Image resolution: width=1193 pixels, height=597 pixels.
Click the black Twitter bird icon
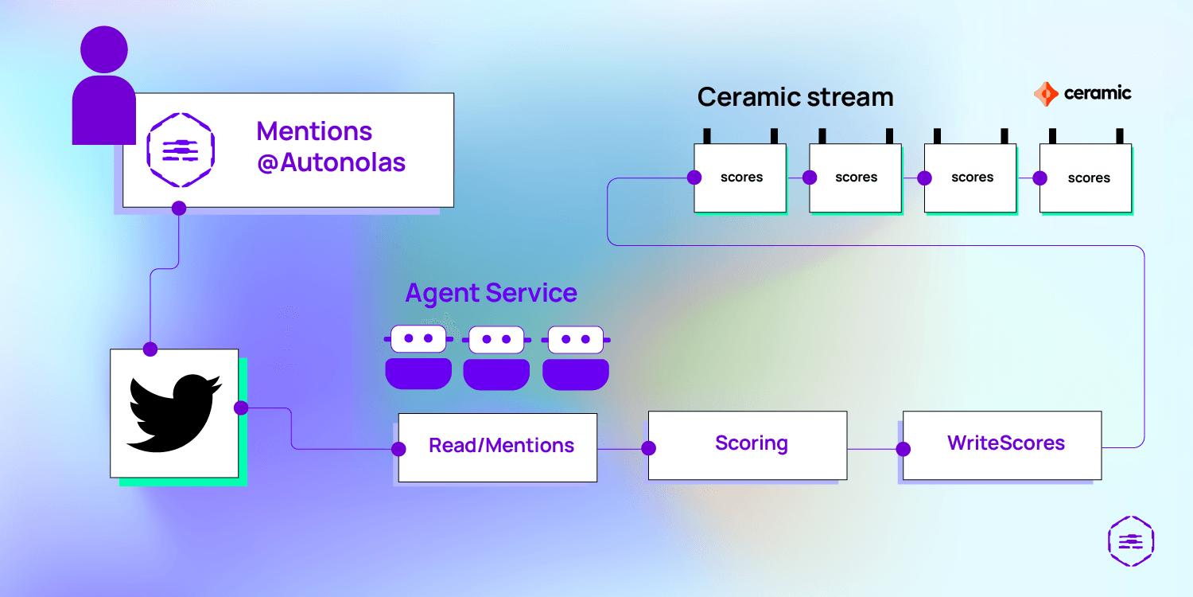pyautogui.click(x=173, y=413)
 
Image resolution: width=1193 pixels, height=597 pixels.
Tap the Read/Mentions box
pyautogui.click(x=497, y=447)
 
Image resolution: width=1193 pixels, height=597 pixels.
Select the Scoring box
pyautogui.click(x=748, y=445)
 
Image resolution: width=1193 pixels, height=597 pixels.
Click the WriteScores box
pyautogui.click(x=1002, y=445)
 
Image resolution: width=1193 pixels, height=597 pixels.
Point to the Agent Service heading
pyautogui.click(x=491, y=293)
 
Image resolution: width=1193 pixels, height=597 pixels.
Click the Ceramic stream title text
pyautogui.click(x=795, y=97)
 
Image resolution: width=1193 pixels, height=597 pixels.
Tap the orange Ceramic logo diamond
pyautogui.click(x=1046, y=95)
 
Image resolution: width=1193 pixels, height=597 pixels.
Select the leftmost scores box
pyautogui.click(x=740, y=178)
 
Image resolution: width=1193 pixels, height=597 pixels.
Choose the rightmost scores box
pyautogui.click(x=1086, y=178)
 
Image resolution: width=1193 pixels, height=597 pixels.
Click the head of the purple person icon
pyautogui.click(x=104, y=49)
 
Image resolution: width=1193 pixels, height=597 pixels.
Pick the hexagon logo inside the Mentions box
pyautogui.click(x=181, y=150)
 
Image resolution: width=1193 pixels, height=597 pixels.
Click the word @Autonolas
pyautogui.click(x=332, y=162)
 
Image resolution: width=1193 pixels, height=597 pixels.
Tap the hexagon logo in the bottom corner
pyautogui.click(x=1131, y=541)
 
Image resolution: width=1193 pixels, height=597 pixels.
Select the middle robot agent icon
pyautogui.click(x=496, y=357)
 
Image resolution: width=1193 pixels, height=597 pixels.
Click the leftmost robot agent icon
pyautogui.click(x=418, y=357)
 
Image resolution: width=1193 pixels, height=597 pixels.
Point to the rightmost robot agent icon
pyautogui.click(x=576, y=357)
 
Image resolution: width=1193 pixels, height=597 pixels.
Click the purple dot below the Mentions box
pyautogui.click(x=179, y=208)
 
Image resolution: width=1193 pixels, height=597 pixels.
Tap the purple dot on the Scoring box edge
pyautogui.click(x=649, y=448)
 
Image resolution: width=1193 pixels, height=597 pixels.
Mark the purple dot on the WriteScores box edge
pyautogui.click(x=903, y=450)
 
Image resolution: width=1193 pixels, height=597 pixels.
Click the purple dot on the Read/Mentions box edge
pyautogui.click(x=398, y=450)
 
